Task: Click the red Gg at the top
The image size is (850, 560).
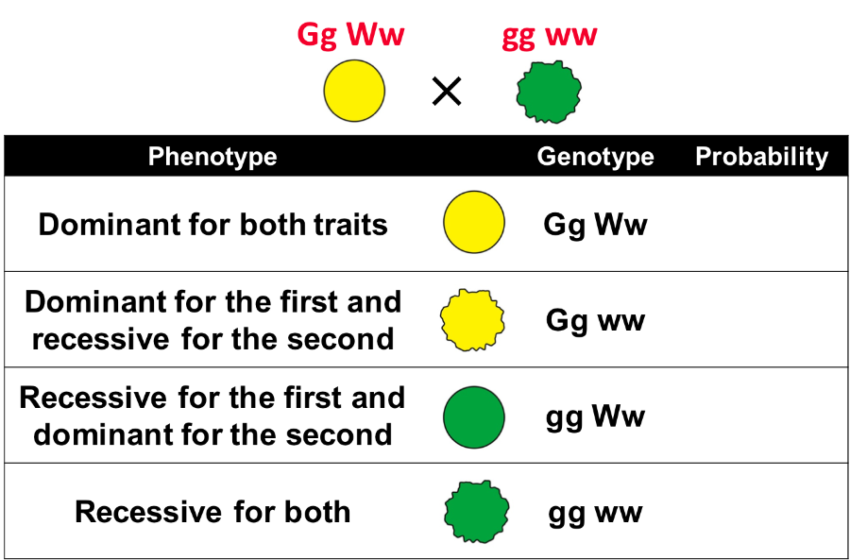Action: click(x=317, y=36)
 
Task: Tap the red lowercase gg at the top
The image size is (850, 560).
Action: click(x=519, y=38)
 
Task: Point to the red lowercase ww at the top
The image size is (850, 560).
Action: click(x=572, y=38)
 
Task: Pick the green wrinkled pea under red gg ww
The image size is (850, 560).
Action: click(x=547, y=93)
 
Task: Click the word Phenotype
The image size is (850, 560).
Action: click(x=212, y=157)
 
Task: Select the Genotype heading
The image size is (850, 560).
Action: click(x=595, y=157)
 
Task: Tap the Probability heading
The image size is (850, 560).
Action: click(x=761, y=157)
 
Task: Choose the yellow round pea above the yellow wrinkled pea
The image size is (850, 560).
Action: click(x=474, y=224)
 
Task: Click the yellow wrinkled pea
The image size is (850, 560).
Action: click(x=474, y=319)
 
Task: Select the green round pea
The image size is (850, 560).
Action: click(x=474, y=416)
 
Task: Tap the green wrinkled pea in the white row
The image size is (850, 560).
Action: click(x=477, y=512)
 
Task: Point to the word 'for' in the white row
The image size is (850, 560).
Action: click(x=247, y=513)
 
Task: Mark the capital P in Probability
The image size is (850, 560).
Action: click(x=703, y=157)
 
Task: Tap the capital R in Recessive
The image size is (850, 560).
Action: click(x=84, y=513)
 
